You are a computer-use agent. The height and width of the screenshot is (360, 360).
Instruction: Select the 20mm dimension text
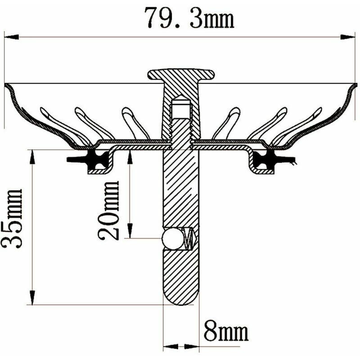pyautogui.click(x=108, y=210)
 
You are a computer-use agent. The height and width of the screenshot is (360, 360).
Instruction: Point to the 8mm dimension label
pyautogui.click(x=226, y=332)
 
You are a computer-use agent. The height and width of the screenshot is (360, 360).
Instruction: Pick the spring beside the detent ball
pyautogui.click(x=190, y=238)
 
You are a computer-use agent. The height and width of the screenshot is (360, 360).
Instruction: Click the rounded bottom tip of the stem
pyautogui.click(x=180, y=297)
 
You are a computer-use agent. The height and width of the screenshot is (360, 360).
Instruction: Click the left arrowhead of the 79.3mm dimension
pyautogui.click(x=11, y=37)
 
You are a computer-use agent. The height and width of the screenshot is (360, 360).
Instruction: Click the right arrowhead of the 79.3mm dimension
pyautogui.click(x=348, y=37)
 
